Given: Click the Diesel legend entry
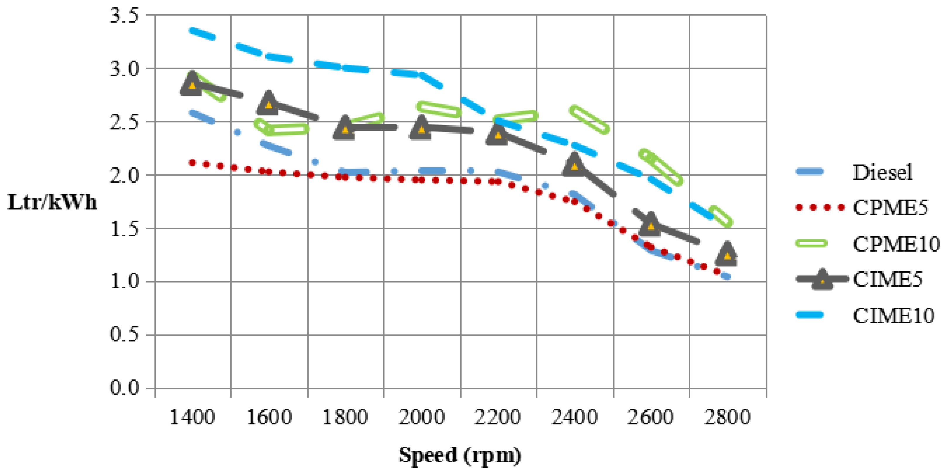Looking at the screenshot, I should click(882, 172).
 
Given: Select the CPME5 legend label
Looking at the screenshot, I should click(890, 208).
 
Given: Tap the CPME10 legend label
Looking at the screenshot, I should click(896, 244).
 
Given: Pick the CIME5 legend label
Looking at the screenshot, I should click(887, 279).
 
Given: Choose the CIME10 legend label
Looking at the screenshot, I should click(893, 315).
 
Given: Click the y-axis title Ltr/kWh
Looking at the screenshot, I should click(52, 202).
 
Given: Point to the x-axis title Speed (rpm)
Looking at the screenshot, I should click(460, 455).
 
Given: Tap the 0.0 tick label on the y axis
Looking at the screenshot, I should click(124, 388).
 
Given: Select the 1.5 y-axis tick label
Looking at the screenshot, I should click(124, 229).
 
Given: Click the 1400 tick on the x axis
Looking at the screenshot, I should click(192, 417).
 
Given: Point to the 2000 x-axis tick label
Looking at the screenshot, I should click(421, 417).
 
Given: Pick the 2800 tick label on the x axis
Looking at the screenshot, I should click(727, 417).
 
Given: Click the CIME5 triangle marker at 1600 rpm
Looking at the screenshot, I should click(268, 104).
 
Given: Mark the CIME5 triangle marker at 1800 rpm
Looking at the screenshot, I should click(345, 129).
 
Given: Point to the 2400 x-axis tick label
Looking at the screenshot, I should click(574, 417).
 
